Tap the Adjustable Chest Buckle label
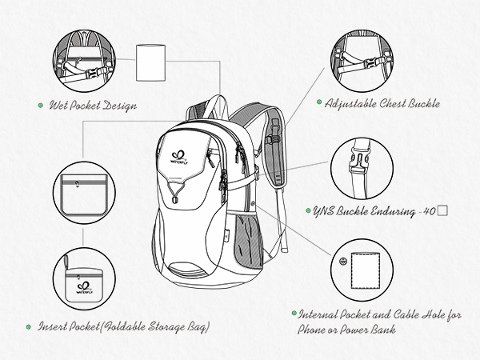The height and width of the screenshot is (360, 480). tap(378, 103)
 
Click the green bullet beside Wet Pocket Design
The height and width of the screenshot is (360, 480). tap(41, 105)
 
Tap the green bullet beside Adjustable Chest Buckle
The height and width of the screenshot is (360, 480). tap(318, 103)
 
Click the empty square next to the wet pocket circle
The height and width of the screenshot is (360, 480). tap(151, 63)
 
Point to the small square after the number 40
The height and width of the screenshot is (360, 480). tap(442, 211)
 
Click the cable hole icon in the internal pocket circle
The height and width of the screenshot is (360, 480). tap(344, 262)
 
